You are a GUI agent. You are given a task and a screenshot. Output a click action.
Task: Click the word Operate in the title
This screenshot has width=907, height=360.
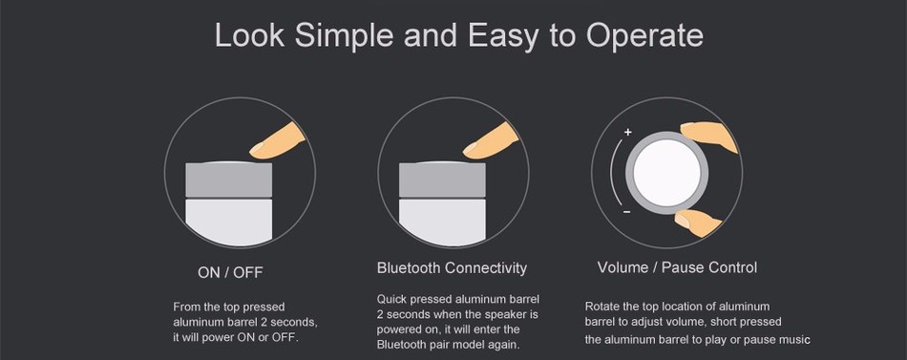tap(644, 35)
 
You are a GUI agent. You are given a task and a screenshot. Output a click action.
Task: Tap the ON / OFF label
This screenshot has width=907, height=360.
tap(230, 272)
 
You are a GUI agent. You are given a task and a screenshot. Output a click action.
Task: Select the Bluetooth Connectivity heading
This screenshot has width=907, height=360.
tap(452, 268)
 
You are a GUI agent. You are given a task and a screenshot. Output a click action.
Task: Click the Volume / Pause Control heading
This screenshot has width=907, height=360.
tap(677, 267)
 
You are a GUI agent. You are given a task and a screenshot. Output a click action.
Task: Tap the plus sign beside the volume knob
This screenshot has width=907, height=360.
tap(627, 133)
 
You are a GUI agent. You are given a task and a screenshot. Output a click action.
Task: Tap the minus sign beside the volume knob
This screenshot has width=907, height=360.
tap(626, 212)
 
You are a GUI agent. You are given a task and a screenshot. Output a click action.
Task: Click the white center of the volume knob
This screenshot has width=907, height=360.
tap(666, 172)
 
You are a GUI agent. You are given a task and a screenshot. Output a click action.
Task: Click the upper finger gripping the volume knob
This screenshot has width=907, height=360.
tap(708, 137)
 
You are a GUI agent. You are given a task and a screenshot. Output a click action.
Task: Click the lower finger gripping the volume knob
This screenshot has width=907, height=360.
tap(698, 222)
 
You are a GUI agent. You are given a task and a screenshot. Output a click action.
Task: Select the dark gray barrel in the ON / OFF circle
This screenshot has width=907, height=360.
tap(228, 180)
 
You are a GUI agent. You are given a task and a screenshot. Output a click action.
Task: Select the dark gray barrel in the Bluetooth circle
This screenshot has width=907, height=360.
tap(442, 180)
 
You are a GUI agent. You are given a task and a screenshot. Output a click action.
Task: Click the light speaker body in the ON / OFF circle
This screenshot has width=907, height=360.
tap(228, 222)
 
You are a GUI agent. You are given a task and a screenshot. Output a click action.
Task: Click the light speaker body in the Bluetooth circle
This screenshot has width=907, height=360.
tap(441, 222)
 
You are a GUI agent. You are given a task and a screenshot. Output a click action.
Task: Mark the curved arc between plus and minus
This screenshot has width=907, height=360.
tap(611, 172)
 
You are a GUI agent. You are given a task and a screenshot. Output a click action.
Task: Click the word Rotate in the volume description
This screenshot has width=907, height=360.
tap(601, 307)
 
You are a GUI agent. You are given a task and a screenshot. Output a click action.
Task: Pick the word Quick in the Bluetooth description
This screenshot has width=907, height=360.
tap(391, 299)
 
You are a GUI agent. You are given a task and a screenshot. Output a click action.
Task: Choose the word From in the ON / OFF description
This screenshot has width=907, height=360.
tap(185, 307)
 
